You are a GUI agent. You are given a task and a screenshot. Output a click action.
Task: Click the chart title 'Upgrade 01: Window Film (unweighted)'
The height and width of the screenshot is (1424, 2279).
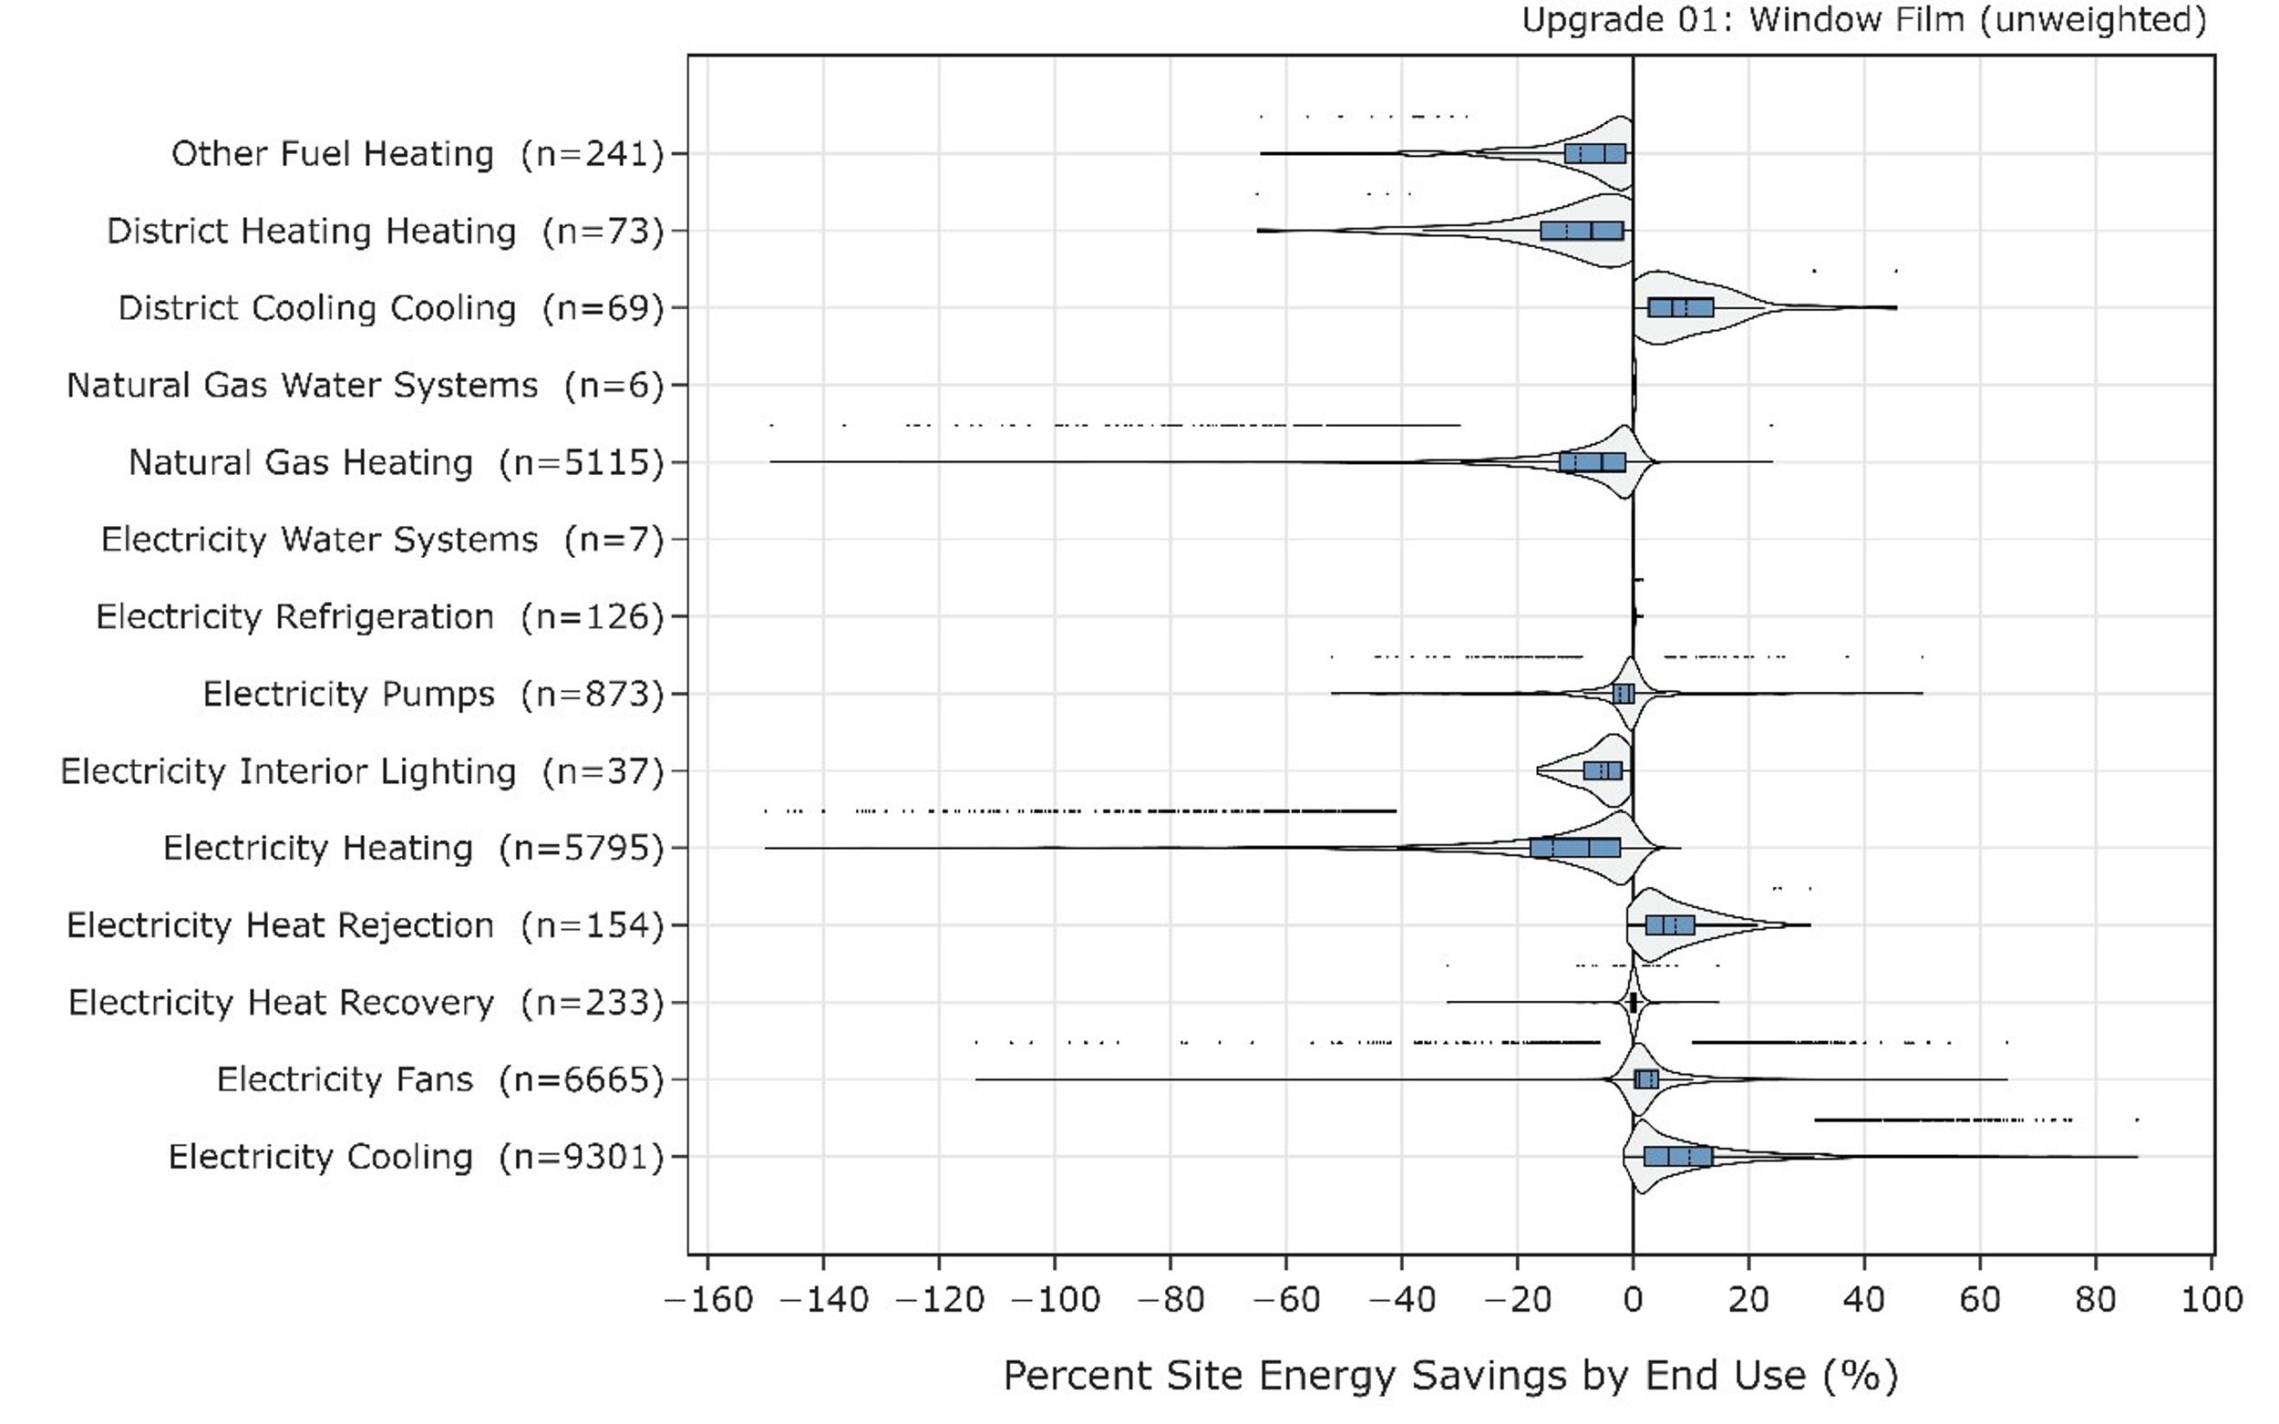1863,20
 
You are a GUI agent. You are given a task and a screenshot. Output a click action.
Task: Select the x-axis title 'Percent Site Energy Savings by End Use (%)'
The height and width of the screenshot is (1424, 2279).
1450,1376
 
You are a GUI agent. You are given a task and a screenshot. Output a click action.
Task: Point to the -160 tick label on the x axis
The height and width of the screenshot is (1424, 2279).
708,1301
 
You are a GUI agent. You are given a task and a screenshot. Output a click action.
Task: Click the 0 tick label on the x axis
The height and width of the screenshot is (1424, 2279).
1633,1301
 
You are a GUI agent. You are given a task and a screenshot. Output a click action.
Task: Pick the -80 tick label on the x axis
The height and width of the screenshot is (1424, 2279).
1170,1301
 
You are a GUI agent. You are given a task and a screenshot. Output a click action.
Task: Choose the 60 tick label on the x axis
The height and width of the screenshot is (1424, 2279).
1979,1301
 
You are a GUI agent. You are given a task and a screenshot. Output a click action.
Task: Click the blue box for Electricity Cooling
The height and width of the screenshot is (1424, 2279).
1678,1157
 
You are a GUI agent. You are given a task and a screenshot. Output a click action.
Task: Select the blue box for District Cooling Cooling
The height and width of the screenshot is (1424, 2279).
1681,308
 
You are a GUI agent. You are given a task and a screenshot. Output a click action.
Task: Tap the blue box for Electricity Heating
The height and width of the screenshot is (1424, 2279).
1575,848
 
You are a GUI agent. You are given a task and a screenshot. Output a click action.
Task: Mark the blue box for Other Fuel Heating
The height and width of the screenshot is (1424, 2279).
1595,153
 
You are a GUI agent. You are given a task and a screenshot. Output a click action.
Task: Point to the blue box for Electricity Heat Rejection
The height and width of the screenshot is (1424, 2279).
1671,924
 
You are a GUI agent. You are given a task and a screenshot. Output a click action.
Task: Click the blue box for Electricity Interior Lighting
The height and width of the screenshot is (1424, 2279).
1603,770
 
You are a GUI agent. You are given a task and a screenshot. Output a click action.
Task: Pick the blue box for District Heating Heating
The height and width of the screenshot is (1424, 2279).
1583,231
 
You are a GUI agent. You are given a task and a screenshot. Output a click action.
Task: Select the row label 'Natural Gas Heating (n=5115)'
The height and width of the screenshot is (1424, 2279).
397,462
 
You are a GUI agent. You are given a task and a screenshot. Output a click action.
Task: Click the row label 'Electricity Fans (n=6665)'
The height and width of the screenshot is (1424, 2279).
439,1079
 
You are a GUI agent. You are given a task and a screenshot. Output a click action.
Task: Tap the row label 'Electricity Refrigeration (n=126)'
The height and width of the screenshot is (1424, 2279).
379,617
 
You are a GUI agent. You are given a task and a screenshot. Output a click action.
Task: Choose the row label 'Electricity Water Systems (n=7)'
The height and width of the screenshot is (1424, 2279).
382,540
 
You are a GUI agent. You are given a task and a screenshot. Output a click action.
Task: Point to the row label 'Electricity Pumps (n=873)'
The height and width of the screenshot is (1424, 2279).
433,694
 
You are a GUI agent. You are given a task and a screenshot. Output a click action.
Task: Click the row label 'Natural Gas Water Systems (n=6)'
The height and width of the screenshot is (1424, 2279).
366,386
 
